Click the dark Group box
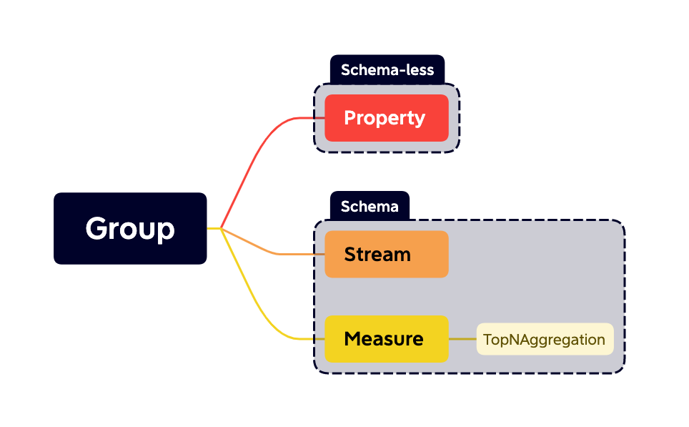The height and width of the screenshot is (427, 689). coord(130,228)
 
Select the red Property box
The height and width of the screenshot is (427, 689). coord(386,118)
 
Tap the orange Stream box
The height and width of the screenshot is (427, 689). coord(386,254)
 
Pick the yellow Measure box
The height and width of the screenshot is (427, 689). coord(386,338)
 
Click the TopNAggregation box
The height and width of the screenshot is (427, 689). coord(545,339)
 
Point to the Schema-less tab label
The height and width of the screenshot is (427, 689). coord(387,70)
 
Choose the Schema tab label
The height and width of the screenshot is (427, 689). coord(370,207)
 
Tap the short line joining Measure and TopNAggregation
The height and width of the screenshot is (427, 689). coord(462,339)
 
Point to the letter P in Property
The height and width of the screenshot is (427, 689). coord(350,118)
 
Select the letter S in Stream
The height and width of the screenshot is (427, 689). coord(350,254)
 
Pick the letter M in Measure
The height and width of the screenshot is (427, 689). coord(352,338)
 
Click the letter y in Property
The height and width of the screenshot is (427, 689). coord(420,120)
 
